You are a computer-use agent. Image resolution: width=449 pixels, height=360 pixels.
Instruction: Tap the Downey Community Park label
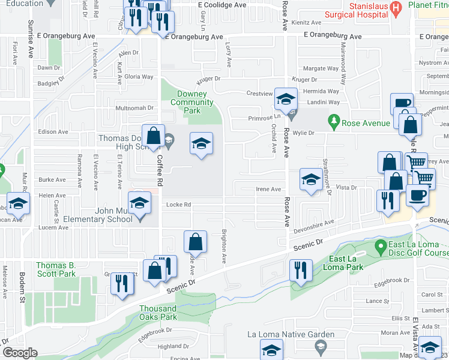pyautogui.click(x=192, y=103)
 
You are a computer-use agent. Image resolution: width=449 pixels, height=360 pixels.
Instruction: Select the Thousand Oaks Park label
pyautogui.click(x=158, y=313)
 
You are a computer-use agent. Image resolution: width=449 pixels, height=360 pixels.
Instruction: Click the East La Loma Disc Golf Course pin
pyautogui.click(x=379, y=246)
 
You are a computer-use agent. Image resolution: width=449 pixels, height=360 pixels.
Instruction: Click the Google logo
pyautogui.click(x=19, y=352)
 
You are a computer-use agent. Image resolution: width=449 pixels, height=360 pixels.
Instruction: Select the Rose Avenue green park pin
pyautogui.click(x=334, y=123)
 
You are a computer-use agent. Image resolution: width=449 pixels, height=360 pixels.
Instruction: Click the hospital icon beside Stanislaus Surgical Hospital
pyautogui.click(x=394, y=7)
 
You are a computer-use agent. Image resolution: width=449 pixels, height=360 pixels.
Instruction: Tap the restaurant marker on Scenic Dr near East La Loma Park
pyautogui.click(x=299, y=270)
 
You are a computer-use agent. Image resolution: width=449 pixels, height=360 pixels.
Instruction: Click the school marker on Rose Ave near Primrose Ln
pyautogui.click(x=286, y=98)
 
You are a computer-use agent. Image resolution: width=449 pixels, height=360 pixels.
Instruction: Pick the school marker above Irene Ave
pyautogui.click(x=310, y=180)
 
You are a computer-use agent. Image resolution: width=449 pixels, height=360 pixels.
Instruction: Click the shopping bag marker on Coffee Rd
pyautogui.click(x=154, y=136)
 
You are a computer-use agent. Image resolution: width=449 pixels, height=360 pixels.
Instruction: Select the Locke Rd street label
pyautogui.click(x=179, y=205)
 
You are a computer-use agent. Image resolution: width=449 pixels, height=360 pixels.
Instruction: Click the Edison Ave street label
pyautogui.click(x=53, y=132)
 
